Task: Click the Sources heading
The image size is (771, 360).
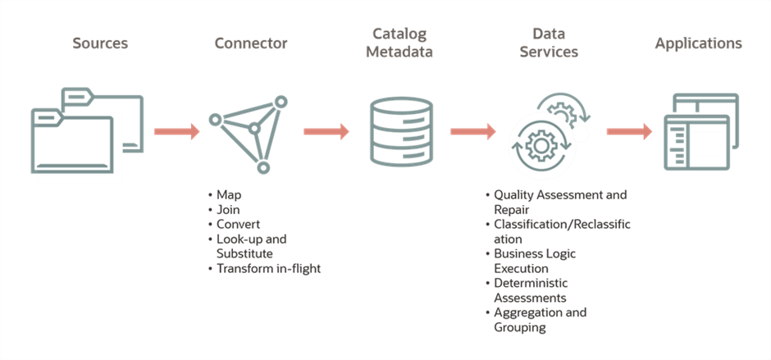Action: pos(100,43)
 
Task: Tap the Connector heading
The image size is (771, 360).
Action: pos(251,43)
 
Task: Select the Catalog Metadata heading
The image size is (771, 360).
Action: pos(399,43)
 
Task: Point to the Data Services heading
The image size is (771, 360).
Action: pos(549,43)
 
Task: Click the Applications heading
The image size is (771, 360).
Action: pos(698,43)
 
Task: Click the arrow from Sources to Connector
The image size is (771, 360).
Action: pos(177,131)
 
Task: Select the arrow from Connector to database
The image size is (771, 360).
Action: pos(326,131)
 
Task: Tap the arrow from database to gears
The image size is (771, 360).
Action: pos(473,131)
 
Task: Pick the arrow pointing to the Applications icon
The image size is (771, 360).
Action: pos(629,131)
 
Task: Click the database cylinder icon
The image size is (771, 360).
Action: pos(401,131)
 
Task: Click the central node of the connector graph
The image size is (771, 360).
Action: pos(253,130)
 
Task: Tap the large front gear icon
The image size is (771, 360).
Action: pos(541,145)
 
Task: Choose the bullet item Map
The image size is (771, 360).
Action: pos(229,195)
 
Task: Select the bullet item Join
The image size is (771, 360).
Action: pos(228,210)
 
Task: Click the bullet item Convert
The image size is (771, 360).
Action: pos(239,225)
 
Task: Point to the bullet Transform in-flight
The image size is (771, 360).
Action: pos(268,269)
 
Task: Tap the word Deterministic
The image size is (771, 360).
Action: pos(531,284)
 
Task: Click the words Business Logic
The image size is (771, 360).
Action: pos(535,254)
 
